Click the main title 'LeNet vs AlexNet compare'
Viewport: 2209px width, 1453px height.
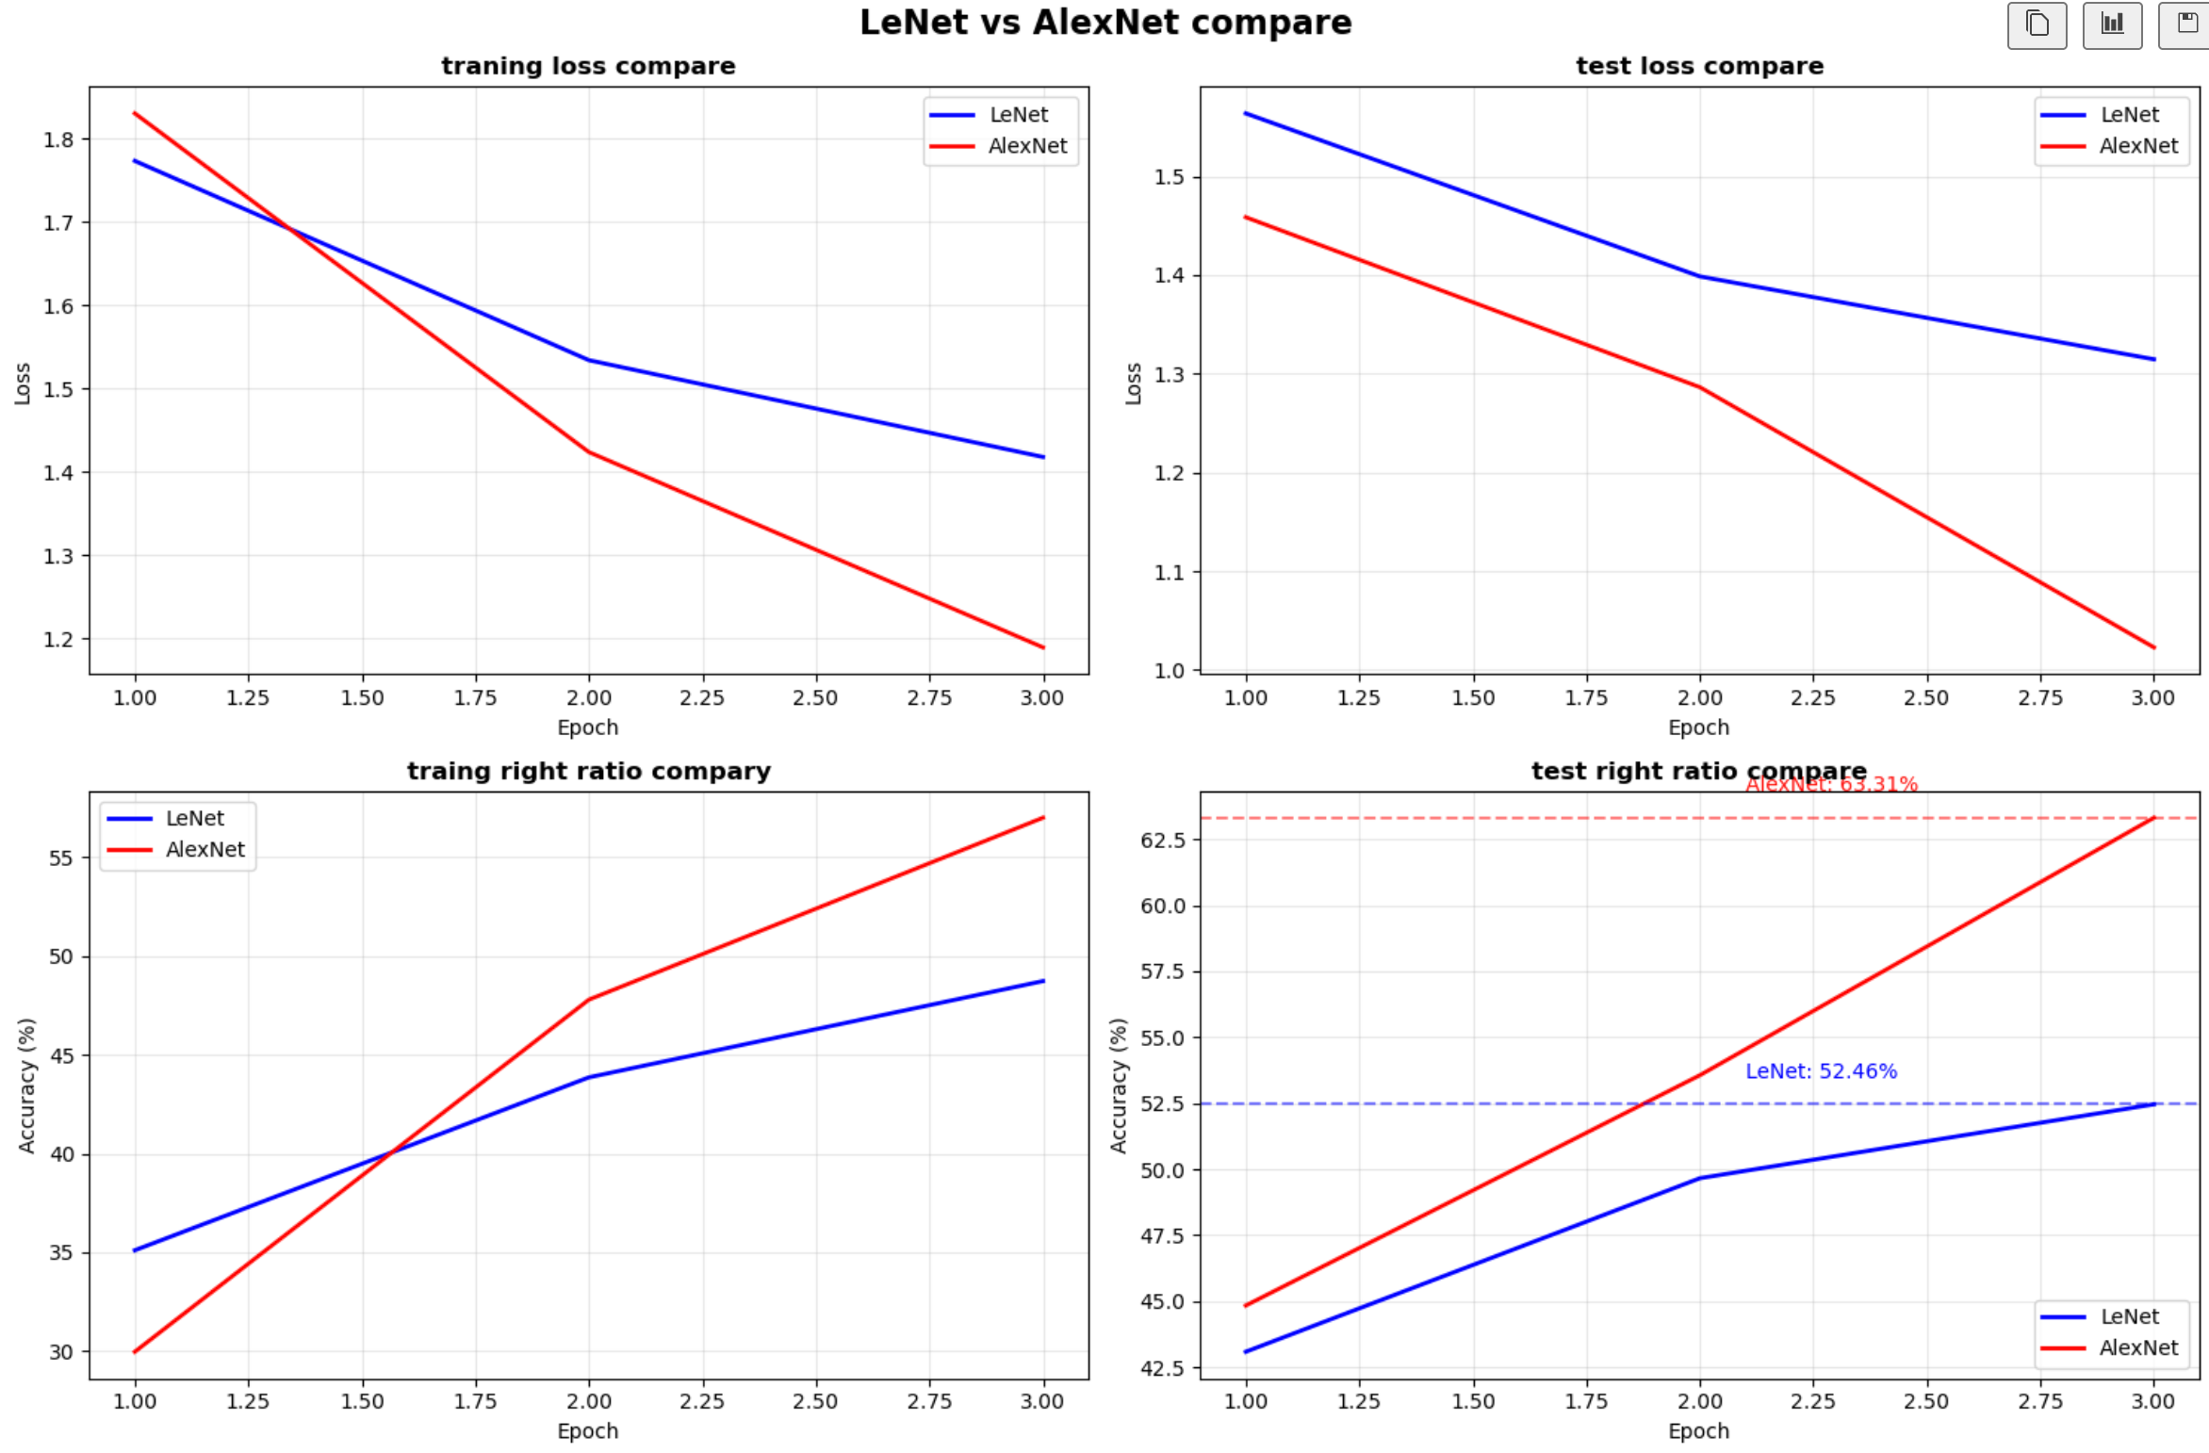point(1104,23)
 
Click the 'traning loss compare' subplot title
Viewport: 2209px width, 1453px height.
point(588,66)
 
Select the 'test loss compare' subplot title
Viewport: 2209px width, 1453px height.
point(1699,66)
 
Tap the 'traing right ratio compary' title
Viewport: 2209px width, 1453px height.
point(588,771)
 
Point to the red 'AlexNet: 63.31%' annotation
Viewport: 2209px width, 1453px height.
point(1830,784)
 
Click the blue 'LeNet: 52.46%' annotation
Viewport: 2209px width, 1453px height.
point(1820,1071)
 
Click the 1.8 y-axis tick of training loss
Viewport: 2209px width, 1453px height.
point(57,139)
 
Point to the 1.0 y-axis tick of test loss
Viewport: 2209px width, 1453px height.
point(1170,671)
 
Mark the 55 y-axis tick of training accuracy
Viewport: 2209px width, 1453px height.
point(60,857)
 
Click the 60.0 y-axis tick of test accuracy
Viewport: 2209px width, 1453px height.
point(1162,906)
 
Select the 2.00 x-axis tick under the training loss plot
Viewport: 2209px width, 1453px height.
point(588,698)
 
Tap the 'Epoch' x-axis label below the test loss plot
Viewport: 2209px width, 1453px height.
point(1698,727)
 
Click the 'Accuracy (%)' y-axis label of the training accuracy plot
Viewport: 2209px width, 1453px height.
point(26,1085)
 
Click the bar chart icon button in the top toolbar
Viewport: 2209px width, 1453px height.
point(2112,24)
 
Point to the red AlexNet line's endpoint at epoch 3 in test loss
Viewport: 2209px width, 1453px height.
point(2153,647)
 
